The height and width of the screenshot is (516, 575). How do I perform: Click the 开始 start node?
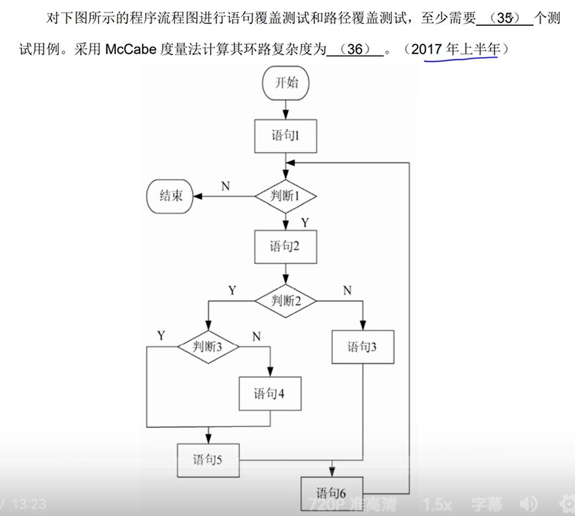pos(285,84)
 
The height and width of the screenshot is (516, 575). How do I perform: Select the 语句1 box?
pos(285,136)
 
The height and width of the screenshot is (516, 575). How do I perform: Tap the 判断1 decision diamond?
pos(285,196)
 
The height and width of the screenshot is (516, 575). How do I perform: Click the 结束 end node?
pos(170,196)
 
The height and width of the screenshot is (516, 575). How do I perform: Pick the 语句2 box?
pos(285,247)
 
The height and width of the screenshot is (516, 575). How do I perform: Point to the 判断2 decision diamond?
pos(285,300)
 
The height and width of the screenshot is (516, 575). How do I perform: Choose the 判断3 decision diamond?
pos(208,347)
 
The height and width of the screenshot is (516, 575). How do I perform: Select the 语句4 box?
pos(269,393)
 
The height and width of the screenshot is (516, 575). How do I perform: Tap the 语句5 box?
pos(207,460)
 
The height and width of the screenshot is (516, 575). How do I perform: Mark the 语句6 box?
pos(331,492)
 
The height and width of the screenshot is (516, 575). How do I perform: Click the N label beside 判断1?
pos(225,186)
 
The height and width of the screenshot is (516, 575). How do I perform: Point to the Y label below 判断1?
pos(305,222)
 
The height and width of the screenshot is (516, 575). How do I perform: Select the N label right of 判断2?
pos(347,291)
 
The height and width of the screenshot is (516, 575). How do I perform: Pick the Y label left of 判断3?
pos(161,335)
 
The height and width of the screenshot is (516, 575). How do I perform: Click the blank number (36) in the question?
pos(355,50)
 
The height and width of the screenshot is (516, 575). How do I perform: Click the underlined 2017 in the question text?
pos(431,50)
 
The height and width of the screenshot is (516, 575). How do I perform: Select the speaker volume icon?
pos(529,504)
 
